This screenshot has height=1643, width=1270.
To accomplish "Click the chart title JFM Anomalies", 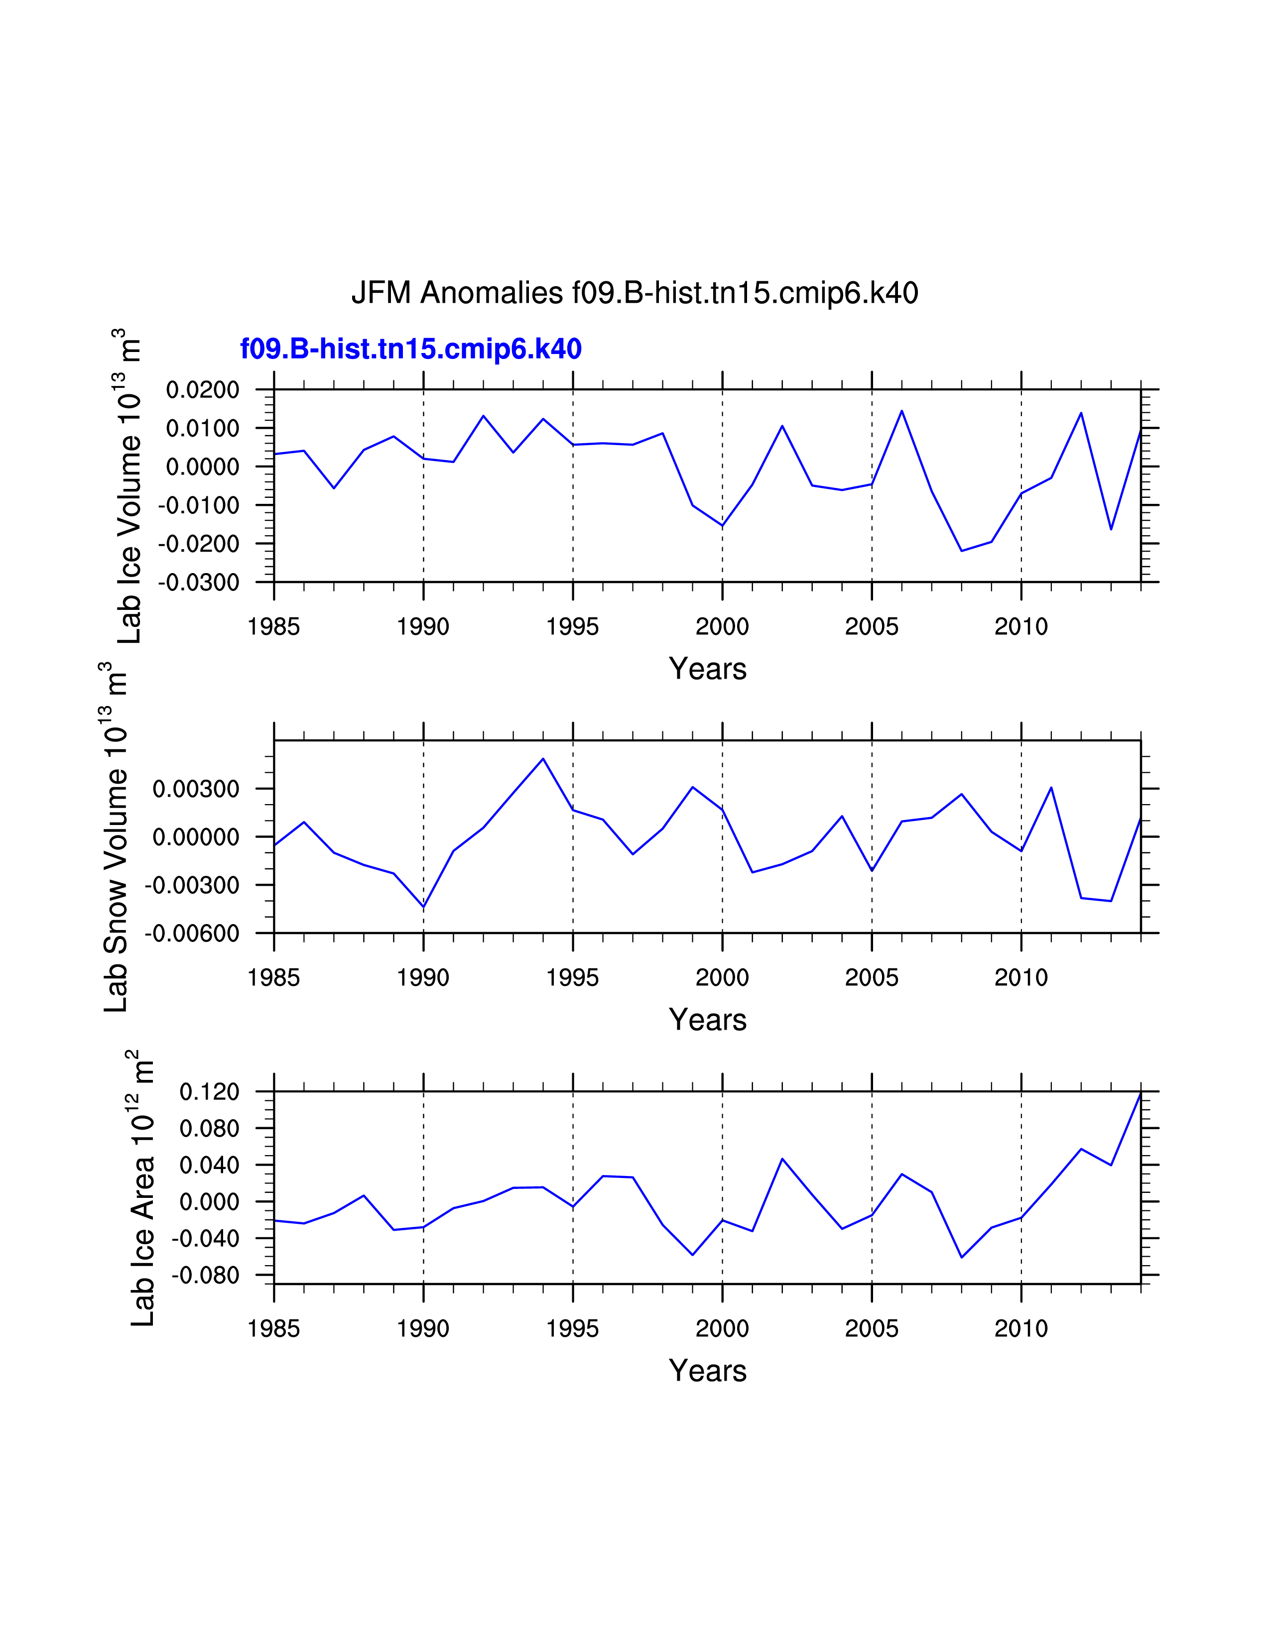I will pyautogui.click(x=634, y=293).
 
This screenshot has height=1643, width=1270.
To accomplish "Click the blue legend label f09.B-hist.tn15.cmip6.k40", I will pyautogui.click(x=411, y=349).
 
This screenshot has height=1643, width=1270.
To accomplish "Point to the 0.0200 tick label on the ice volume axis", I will pyautogui.click(x=202, y=390).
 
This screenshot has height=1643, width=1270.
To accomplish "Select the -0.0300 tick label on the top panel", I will pyautogui.click(x=199, y=583).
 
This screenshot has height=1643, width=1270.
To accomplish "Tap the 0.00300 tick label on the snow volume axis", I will pyautogui.click(x=196, y=789).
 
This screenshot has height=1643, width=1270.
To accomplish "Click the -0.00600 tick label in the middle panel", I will pyautogui.click(x=192, y=934).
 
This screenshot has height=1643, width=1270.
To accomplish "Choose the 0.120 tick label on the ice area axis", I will pyautogui.click(x=209, y=1091).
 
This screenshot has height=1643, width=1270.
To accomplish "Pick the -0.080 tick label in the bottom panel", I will pyautogui.click(x=205, y=1275).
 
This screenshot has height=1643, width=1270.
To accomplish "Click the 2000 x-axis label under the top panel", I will pyautogui.click(x=722, y=627).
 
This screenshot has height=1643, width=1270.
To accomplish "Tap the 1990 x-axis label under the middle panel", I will pyautogui.click(x=423, y=978).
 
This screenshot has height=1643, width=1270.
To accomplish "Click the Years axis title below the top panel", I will pyautogui.click(x=707, y=669).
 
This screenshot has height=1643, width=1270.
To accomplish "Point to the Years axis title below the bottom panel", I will pyautogui.click(x=707, y=1371).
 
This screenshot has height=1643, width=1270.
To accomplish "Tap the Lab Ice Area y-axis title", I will pyautogui.click(x=142, y=1188).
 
